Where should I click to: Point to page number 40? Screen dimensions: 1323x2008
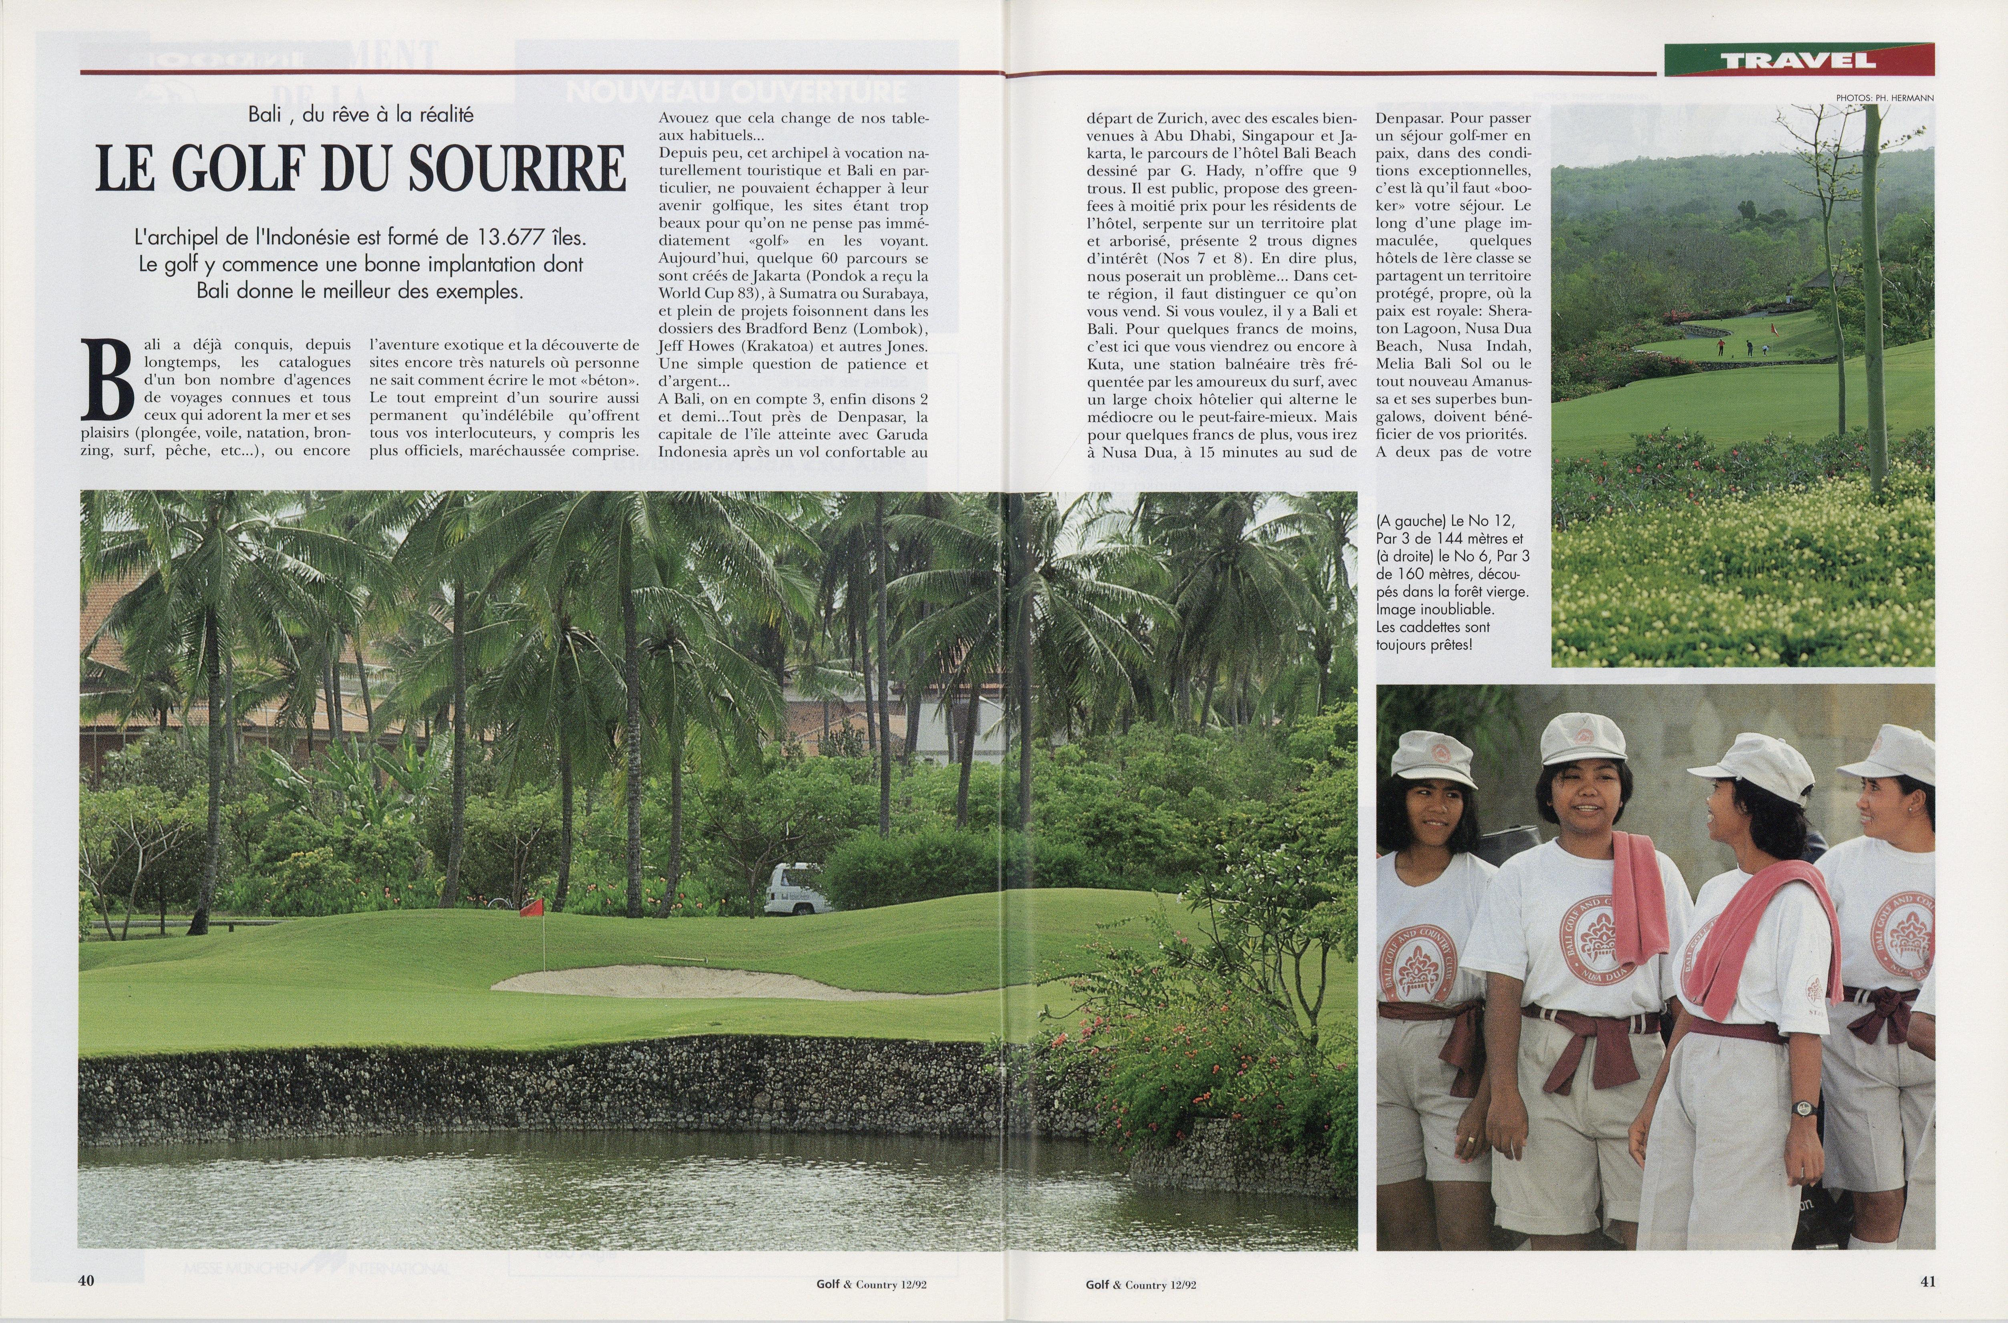(x=86, y=1280)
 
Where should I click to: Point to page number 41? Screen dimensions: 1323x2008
(x=1928, y=1280)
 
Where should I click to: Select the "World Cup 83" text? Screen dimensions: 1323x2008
(x=705, y=293)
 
